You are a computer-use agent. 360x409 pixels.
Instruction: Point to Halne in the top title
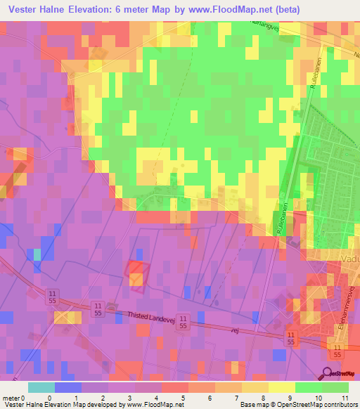pos(60,10)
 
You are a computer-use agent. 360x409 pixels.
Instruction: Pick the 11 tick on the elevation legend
pos(344,397)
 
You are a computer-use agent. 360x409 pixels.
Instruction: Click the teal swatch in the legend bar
pos(41,387)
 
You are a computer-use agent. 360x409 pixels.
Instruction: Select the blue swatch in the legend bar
pos(68,387)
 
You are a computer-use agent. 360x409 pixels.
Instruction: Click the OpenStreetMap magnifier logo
pos(327,373)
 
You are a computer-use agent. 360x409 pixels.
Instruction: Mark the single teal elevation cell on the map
pos(37,254)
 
